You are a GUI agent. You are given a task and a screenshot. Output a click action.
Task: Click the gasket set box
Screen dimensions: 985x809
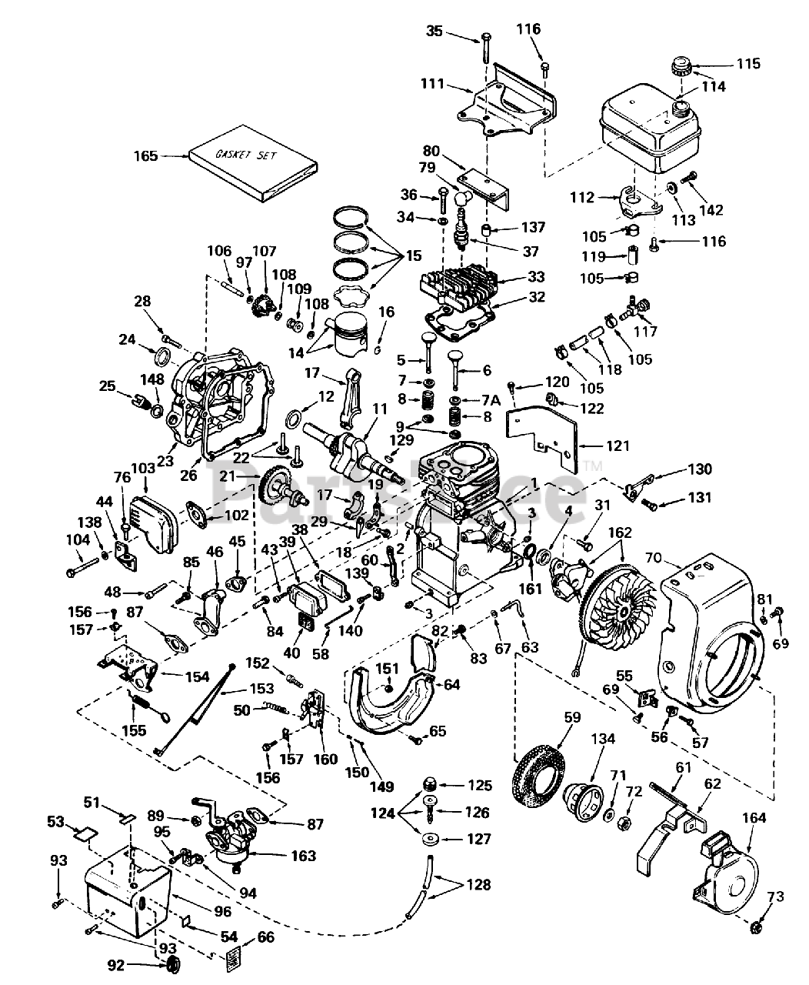pos(254,164)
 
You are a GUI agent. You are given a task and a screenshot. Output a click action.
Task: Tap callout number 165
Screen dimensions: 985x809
pos(145,156)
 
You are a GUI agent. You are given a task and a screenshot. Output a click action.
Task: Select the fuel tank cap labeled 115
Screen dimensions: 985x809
pos(681,66)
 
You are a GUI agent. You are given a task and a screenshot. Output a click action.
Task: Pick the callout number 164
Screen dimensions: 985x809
pos(754,817)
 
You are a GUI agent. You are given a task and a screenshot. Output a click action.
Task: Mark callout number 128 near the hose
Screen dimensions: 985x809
pos(478,885)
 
